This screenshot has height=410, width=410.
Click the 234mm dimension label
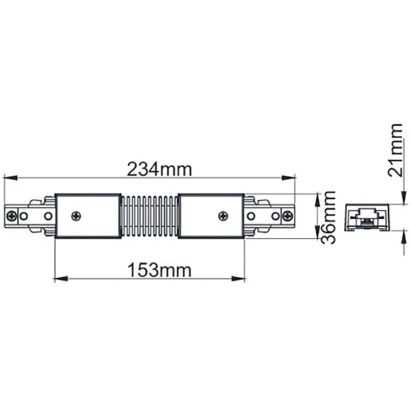160,168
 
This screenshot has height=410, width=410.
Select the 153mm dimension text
160,270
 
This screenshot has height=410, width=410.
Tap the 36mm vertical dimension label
325,215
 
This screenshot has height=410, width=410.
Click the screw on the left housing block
76,215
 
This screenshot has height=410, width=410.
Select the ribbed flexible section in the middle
150,215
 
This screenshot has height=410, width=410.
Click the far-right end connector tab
287,215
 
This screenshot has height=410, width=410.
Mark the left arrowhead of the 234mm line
9,178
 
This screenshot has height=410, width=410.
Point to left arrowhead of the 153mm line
59,279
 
